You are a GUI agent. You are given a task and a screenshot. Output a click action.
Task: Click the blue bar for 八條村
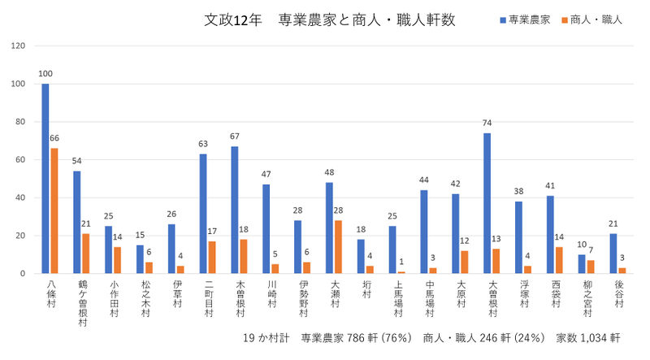(x=45, y=179)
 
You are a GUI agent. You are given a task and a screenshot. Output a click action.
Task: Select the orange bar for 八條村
(x=54, y=210)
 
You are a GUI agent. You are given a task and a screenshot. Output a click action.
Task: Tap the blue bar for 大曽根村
(x=486, y=203)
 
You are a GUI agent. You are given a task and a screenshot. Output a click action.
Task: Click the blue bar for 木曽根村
(x=235, y=210)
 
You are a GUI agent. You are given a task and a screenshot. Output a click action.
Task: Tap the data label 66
(x=54, y=139)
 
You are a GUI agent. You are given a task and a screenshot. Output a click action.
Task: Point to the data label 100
(x=45, y=74)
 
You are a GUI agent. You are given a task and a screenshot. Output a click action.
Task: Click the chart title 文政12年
(x=234, y=20)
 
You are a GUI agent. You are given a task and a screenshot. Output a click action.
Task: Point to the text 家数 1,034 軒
(x=588, y=336)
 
